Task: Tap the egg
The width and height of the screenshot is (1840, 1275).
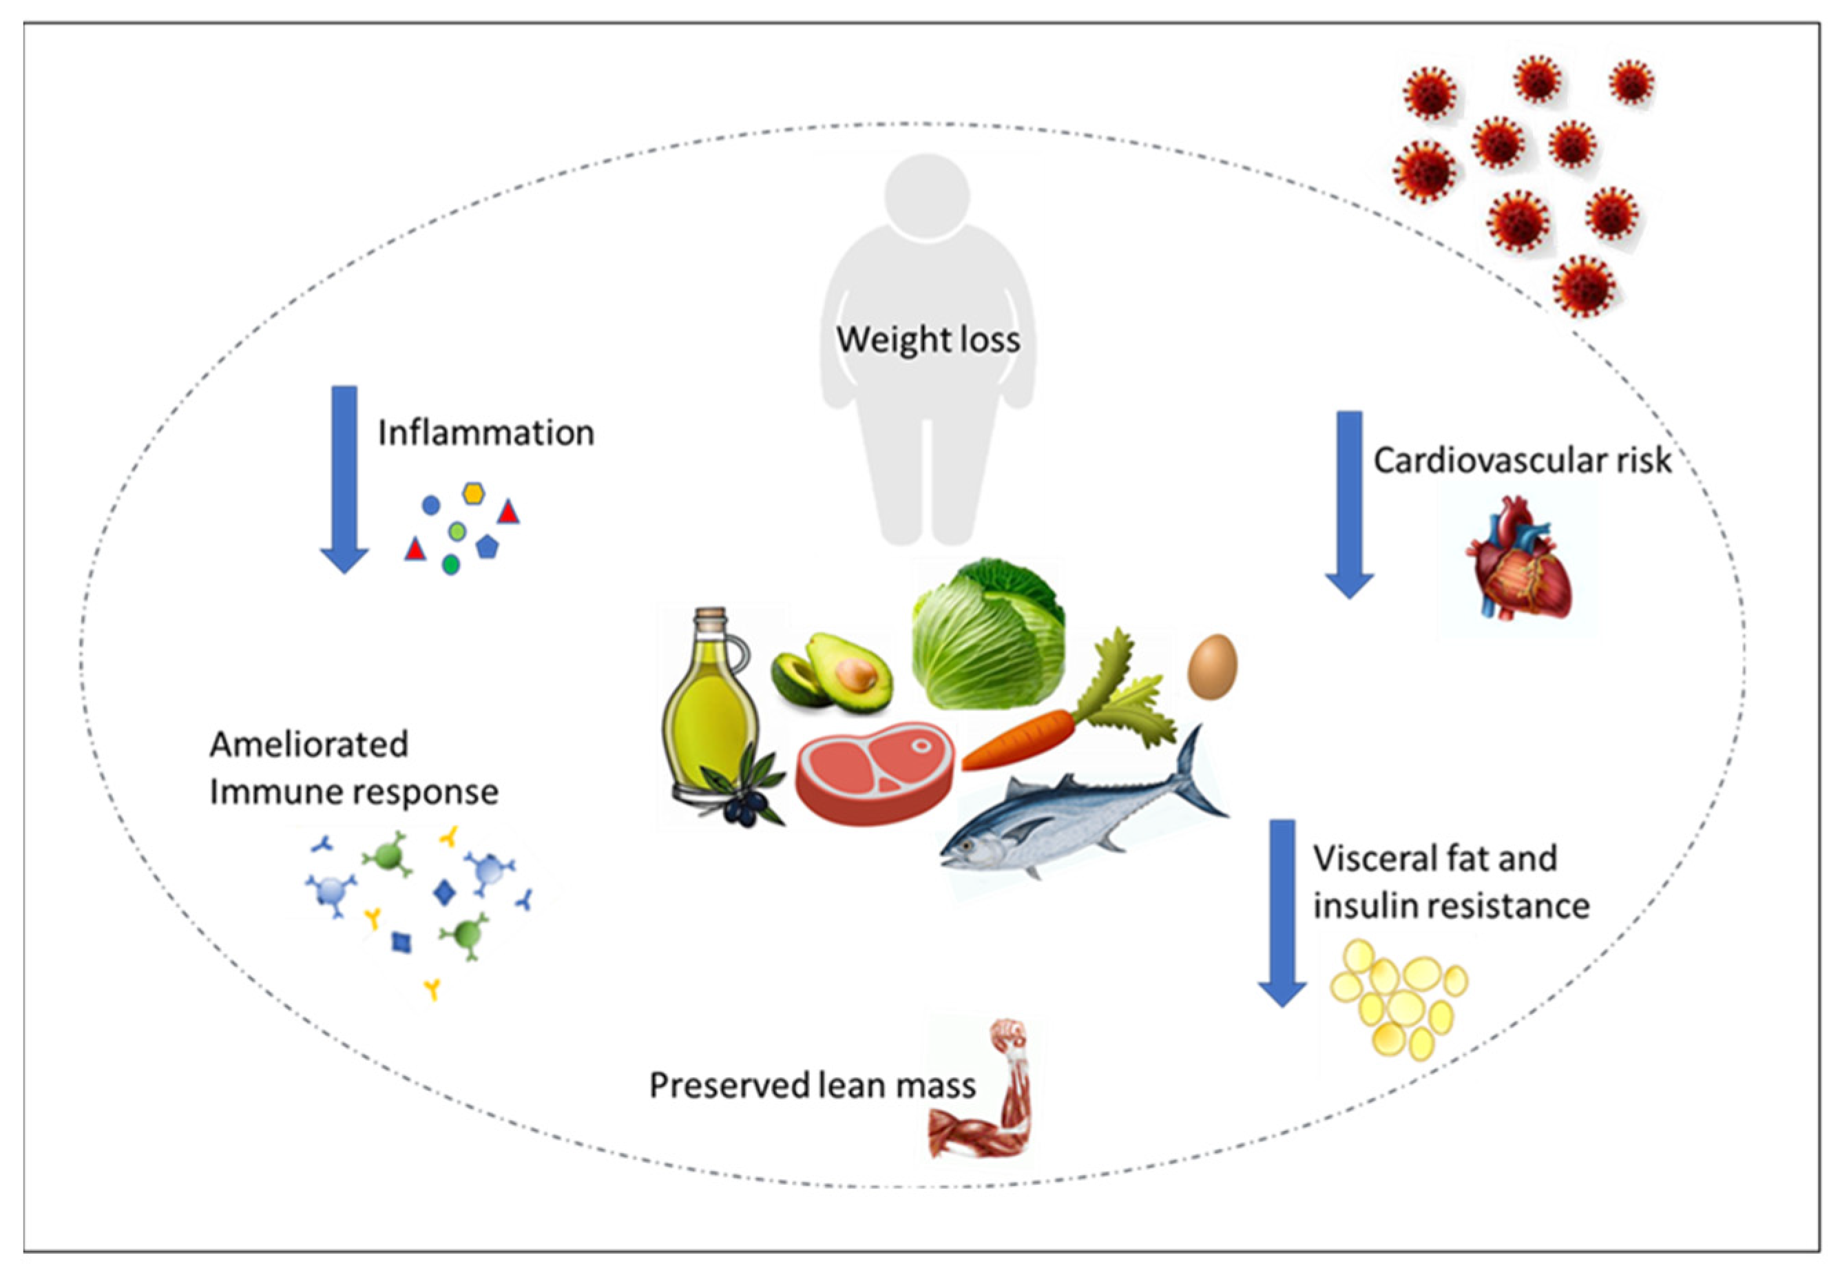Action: pos(1212,666)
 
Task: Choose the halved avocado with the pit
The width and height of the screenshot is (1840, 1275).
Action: pos(850,671)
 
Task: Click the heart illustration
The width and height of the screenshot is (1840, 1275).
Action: pos(1517,559)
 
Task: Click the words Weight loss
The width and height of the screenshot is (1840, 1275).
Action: pos(928,340)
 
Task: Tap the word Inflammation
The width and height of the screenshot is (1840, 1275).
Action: pos(485,433)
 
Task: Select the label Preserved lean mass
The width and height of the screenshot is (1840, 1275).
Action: pos(811,1086)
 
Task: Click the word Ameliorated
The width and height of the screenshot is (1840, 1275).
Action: pos(309,745)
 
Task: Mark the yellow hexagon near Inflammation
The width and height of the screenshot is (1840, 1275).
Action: pos(474,493)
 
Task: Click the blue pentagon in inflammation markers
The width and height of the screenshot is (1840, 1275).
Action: pos(487,547)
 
